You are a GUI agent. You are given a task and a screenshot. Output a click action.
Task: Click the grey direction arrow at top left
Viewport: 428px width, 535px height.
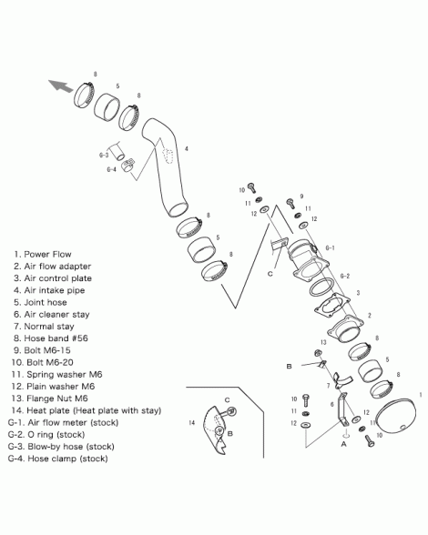pyautogui.click(x=60, y=86)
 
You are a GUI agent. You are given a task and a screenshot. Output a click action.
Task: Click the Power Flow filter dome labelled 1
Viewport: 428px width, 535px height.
pyautogui.click(x=396, y=415)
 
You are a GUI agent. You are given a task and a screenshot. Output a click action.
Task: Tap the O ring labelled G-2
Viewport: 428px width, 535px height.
pyautogui.click(x=321, y=287)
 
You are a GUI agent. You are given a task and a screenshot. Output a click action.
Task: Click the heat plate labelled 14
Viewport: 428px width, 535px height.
pyautogui.click(x=215, y=430)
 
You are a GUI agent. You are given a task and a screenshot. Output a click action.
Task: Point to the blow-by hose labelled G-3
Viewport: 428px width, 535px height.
pyautogui.click(x=117, y=151)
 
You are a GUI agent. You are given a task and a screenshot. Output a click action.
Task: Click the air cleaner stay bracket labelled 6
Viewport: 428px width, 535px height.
pyautogui.click(x=342, y=409)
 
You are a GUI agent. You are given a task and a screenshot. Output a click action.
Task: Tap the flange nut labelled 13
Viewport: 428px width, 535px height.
pyautogui.click(x=317, y=352)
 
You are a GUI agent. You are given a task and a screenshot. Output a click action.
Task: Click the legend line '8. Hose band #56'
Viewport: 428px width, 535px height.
pyautogui.click(x=51, y=338)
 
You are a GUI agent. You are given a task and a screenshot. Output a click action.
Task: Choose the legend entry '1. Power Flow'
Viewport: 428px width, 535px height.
pyautogui.click(x=43, y=254)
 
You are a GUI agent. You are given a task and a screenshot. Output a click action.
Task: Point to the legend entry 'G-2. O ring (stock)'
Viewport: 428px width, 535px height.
pyautogui.click(x=46, y=434)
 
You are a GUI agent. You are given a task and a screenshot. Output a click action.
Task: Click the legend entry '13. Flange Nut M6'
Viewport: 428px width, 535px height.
pyautogui.click(x=49, y=399)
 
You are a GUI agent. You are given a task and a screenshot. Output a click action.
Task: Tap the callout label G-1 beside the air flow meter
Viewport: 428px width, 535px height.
pyautogui.click(x=330, y=248)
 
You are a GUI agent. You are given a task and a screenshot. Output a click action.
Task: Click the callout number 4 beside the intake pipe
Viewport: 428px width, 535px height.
pyautogui.click(x=187, y=149)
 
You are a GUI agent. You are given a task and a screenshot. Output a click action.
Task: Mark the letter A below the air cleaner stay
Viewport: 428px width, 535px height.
pyautogui.click(x=343, y=444)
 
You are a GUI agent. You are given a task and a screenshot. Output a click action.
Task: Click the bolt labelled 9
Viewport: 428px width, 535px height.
pyautogui.click(x=290, y=204)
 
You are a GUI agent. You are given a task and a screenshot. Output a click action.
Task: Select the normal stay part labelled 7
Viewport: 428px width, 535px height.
pyautogui.click(x=342, y=380)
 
